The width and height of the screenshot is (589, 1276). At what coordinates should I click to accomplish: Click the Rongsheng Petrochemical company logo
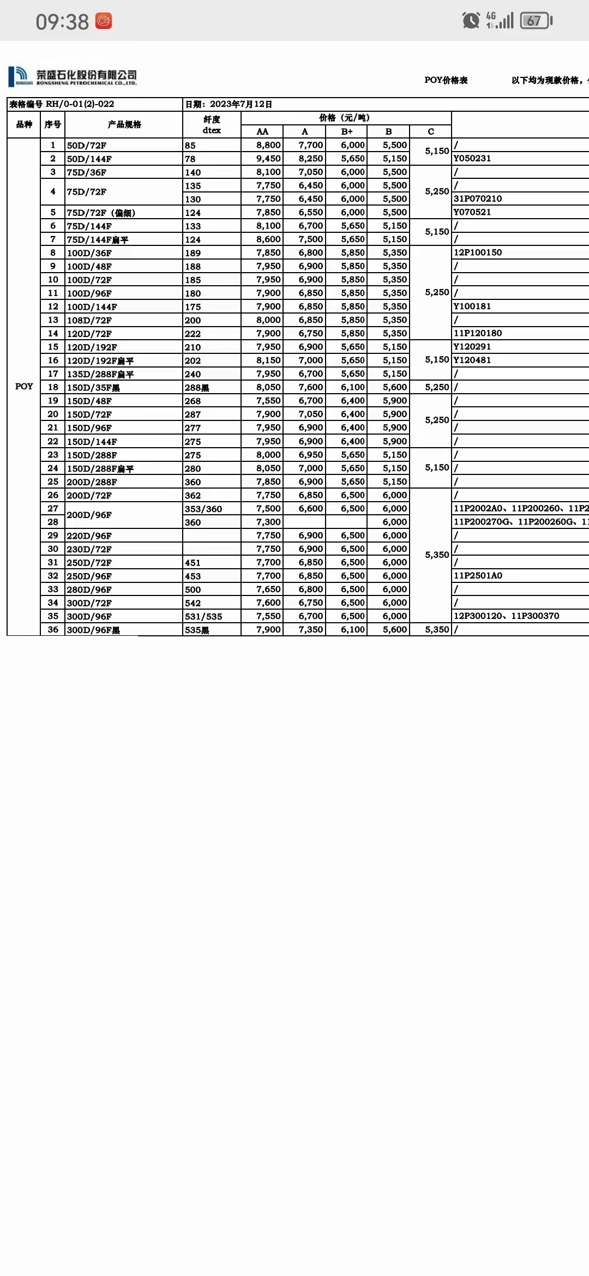(72, 76)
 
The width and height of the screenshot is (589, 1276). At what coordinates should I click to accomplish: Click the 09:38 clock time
(62, 22)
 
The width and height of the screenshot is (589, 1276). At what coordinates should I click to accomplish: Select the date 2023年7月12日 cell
(229, 104)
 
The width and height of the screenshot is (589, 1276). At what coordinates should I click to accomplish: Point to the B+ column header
(347, 131)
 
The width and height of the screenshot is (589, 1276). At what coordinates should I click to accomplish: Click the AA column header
(262, 131)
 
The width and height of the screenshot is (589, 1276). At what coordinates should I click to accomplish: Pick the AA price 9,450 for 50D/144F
(268, 159)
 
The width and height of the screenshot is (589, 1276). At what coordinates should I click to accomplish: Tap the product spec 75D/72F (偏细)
(101, 213)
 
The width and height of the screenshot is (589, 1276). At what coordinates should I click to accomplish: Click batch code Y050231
(472, 159)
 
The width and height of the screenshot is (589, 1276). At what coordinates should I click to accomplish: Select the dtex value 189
(193, 253)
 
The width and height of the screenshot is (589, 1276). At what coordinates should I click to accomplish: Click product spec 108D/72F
(89, 320)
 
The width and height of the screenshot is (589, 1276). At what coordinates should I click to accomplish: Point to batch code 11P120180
(478, 333)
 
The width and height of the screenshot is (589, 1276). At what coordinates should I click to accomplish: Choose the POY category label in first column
(24, 387)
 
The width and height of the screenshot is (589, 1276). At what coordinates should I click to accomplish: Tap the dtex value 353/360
(203, 509)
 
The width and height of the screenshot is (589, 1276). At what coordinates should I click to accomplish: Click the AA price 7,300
(268, 522)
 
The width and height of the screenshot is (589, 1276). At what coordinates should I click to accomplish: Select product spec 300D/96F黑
(93, 630)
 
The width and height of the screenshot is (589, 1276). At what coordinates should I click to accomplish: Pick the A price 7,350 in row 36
(311, 630)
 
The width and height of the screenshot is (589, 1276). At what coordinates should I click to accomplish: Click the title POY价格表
(446, 80)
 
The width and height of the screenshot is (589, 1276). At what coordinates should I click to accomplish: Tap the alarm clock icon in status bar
(470, 21)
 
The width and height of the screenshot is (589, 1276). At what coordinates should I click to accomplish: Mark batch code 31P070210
(478, 199)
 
